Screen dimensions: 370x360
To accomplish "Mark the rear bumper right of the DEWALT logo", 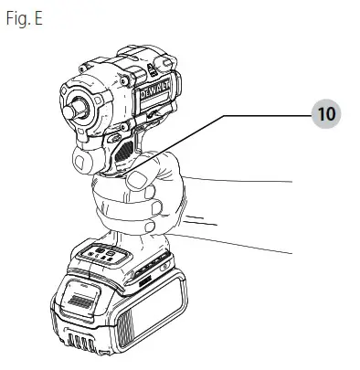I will tap(174, 100).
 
